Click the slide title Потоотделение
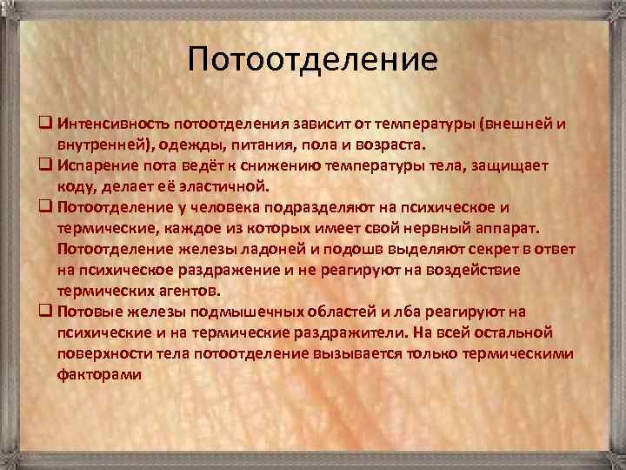point(314,60)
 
